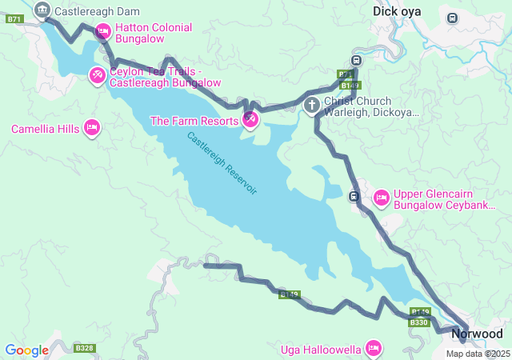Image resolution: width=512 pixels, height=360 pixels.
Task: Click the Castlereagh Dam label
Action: [x=97, y=11]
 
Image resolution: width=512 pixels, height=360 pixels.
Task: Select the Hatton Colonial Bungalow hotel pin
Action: [x=102, y=32]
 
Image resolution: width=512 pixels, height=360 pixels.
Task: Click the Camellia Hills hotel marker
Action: [x=92, y=127]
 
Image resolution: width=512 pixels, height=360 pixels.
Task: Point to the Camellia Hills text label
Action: [x=44, y=129]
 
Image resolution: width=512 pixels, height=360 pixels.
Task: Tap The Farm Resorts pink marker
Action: [x=250, y=120]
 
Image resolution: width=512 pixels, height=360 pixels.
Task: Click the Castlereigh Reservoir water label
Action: [x=222, y=163]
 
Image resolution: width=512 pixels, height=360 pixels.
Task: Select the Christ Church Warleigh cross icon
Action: [x=311, y=105]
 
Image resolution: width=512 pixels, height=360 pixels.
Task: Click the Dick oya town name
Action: [x=397, y=11]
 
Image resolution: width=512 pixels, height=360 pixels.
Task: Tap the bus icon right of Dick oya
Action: [x=453, y=18]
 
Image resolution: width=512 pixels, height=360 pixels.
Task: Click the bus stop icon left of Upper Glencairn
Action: [x=354, y=196]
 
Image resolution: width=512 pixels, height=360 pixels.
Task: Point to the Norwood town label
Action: [x=477, y=334]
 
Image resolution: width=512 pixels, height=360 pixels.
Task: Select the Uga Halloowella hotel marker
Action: [x=373, y=348]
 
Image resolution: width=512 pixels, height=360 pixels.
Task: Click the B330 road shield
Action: [x=419, y=322]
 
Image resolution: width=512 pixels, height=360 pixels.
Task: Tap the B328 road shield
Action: [x=84, y=348]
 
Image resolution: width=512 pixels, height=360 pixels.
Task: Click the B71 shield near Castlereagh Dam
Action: [x=14, y=18]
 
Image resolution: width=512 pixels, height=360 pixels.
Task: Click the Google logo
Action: [x=26, y=350]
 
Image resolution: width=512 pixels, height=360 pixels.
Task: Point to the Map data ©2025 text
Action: [x=478, y=354]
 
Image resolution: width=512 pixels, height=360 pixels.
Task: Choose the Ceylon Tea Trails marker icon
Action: [x=96, y=75]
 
